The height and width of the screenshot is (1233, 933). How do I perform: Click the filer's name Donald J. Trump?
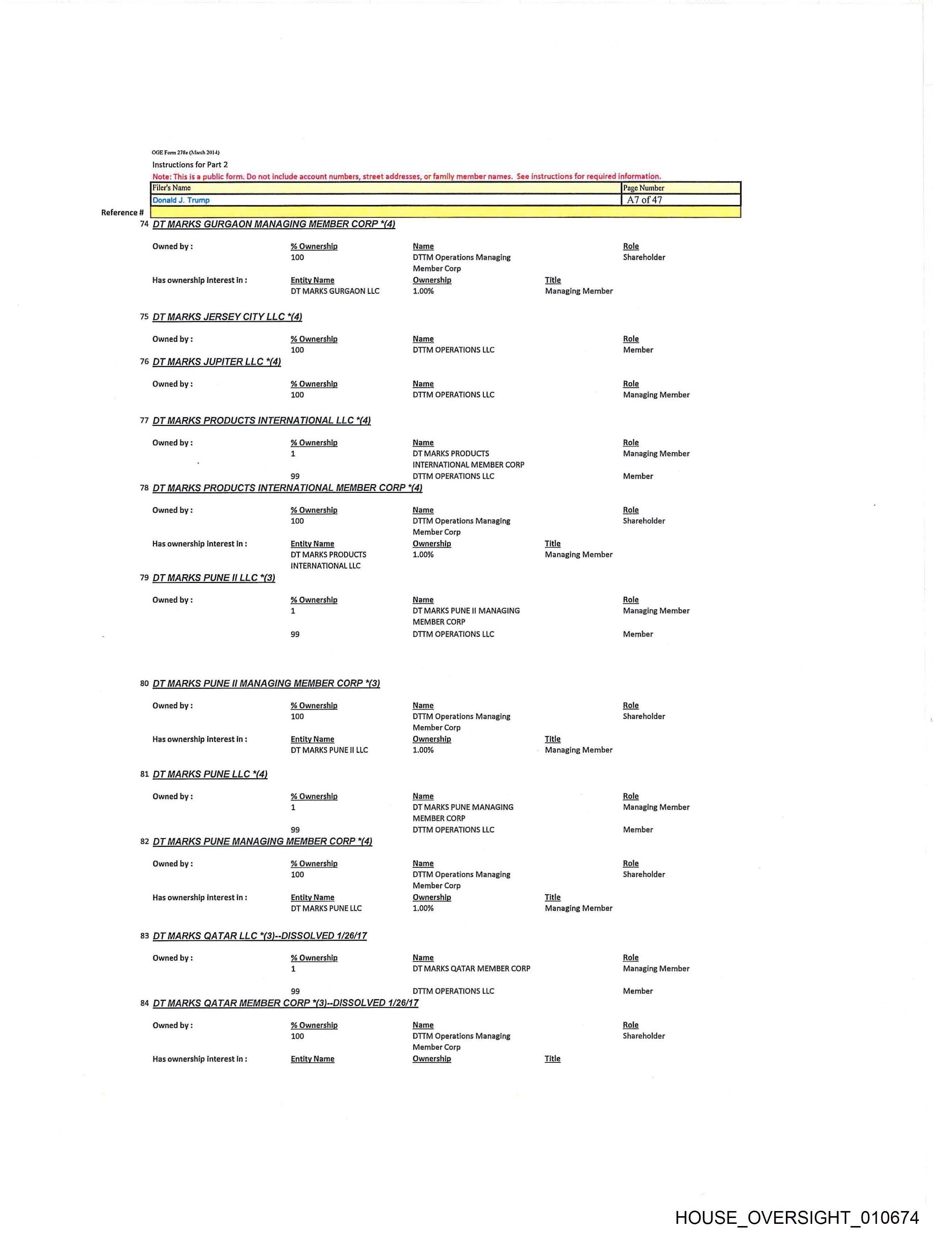tap(181, 200)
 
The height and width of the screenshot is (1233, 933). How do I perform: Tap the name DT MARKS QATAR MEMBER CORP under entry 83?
tap(471, 969)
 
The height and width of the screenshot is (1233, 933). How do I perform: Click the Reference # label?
tap(122, 212)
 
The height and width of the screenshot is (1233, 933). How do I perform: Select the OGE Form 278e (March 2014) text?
tap(186, 152)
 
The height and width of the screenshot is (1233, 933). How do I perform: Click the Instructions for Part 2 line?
tap(190, 164)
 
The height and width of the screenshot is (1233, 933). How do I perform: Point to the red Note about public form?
tap(406, 176)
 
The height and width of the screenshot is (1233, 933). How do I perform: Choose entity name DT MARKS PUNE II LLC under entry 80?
tap(329, 750)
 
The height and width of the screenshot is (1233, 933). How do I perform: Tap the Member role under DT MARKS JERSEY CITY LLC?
tap(638, 350)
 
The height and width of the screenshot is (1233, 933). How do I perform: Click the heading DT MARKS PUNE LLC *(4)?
tap(210, 774)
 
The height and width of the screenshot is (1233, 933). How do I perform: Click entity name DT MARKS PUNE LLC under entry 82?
tap(326, 909)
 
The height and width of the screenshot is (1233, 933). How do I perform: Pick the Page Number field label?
tap(643, 188)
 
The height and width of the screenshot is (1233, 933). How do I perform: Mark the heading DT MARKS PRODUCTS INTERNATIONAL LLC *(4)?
tap(261, 420)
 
